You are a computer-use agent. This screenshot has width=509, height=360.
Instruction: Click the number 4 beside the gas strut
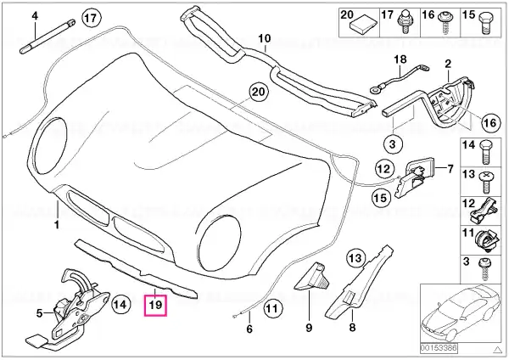pos(35,16)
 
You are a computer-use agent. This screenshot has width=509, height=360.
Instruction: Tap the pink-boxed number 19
pos(157,303)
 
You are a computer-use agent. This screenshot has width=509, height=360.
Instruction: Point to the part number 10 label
pos(262,38)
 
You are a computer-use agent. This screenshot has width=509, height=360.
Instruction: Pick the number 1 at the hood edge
pos(56,225)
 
